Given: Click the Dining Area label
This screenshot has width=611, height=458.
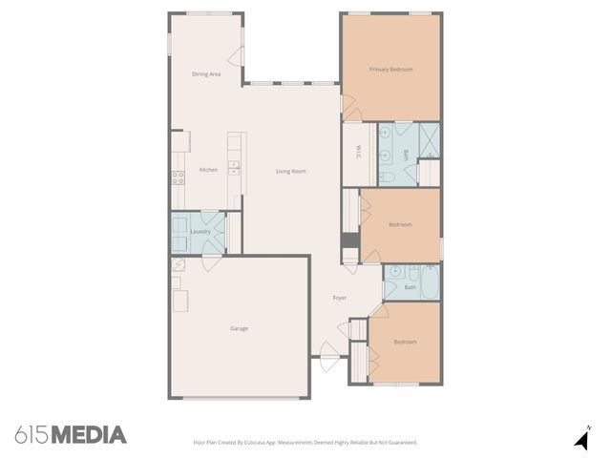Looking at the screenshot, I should [x=207, y=73].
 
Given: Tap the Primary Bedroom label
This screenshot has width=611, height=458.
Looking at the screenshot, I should [x=391, y=69].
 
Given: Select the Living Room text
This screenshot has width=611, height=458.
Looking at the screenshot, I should [x=291, y=171].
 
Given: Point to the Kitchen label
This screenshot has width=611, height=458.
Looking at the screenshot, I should [x=208, y=170].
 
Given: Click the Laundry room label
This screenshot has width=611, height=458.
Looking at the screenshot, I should [x=200, y=232].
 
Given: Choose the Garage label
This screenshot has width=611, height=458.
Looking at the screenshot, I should [x=239, y=328].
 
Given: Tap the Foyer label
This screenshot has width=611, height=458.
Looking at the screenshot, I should [x=339, y=298].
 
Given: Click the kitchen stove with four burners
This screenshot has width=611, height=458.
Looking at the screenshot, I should [x=178, y=176].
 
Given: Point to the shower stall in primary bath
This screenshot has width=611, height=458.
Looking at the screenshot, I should [x=430, y=139].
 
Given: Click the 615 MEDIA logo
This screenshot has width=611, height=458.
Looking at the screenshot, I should [x=71, y=435].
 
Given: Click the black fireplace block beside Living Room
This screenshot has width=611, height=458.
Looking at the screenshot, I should [x=350, y=246].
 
